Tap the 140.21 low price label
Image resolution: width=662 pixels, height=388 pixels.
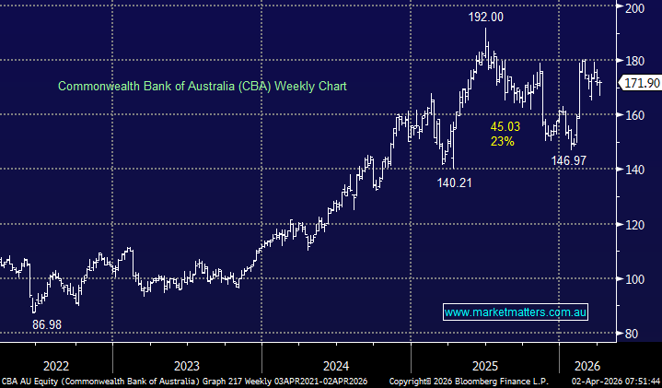456,182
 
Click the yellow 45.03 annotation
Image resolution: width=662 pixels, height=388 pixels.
505,126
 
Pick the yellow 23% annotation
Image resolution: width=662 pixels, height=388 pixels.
502,142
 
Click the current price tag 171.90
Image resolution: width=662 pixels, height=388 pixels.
642,84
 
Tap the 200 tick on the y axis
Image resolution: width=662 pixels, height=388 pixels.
635,7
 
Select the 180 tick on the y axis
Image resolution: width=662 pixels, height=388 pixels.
635,60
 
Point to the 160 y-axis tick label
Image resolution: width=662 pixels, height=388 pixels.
635,115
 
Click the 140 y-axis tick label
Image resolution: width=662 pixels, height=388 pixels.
635,170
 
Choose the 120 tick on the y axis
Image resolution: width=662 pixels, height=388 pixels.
635,224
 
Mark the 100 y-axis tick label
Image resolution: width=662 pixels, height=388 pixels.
635,278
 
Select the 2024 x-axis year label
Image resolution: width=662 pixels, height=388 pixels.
334,364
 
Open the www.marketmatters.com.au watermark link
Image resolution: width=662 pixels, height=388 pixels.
516,313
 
